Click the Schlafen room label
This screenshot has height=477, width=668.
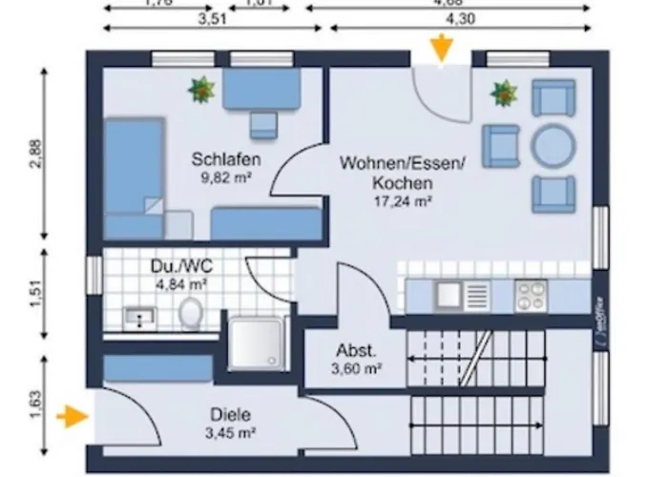pyautogui.click(x=226, y=159)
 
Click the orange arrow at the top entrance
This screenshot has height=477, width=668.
pyautogui.click(x=441, y=49)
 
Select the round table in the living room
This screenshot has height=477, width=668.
pyautogui.click(x=553, y=146)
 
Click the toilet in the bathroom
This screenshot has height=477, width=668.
pyautogui.click(x=191, y=312)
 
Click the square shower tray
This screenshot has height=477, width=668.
pyautogui.click(x=256, y=341)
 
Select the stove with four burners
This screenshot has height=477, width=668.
pyautogui.click(x=530, y=295)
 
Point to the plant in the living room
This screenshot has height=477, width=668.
pyautogui.click(x=503, y=93)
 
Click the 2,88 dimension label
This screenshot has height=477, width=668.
pyautogui.click(x=36, y=154)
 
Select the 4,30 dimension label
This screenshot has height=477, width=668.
pyautogui.click(x=461, y=18)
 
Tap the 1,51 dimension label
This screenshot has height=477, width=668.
pyautogui.click(x=36, y=293)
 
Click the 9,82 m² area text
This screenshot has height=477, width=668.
pyautogui.click(x=225, y=176)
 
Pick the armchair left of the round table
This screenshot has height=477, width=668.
pyautogui.click(x=501, y=145)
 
